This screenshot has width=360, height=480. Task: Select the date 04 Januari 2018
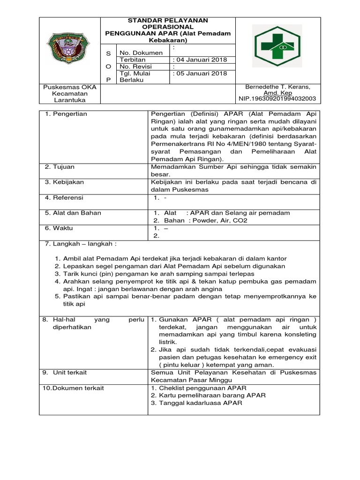click(200, 60)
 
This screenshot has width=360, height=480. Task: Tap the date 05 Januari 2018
click(200, 73)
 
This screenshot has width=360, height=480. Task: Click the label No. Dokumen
click(141, 53)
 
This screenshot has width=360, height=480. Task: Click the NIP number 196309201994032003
click(277, 98)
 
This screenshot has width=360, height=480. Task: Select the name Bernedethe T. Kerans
click(277, 87)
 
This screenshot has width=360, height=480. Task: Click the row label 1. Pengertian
click(66, 114)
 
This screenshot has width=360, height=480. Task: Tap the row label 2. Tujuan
click(60, 166)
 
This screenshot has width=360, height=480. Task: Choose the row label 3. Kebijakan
click(64, 182)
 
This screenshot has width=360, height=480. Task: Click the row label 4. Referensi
click(65, 197)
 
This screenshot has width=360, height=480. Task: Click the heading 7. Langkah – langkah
click(80, 244)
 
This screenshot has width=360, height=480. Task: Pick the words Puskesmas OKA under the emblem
click(69, 87)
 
